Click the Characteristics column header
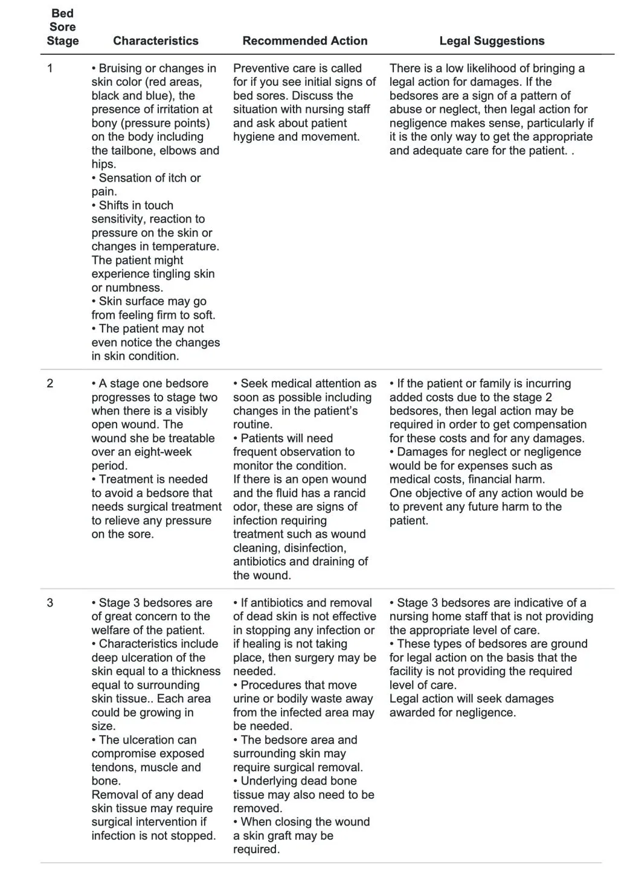(155, 41)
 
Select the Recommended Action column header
(304, 41)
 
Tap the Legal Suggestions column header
(492, 41)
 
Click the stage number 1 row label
(50, 68)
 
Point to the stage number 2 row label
(50, 384)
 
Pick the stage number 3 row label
(50, 603)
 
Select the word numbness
(133, 288)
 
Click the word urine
(249, 699)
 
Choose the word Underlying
(269, 781)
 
